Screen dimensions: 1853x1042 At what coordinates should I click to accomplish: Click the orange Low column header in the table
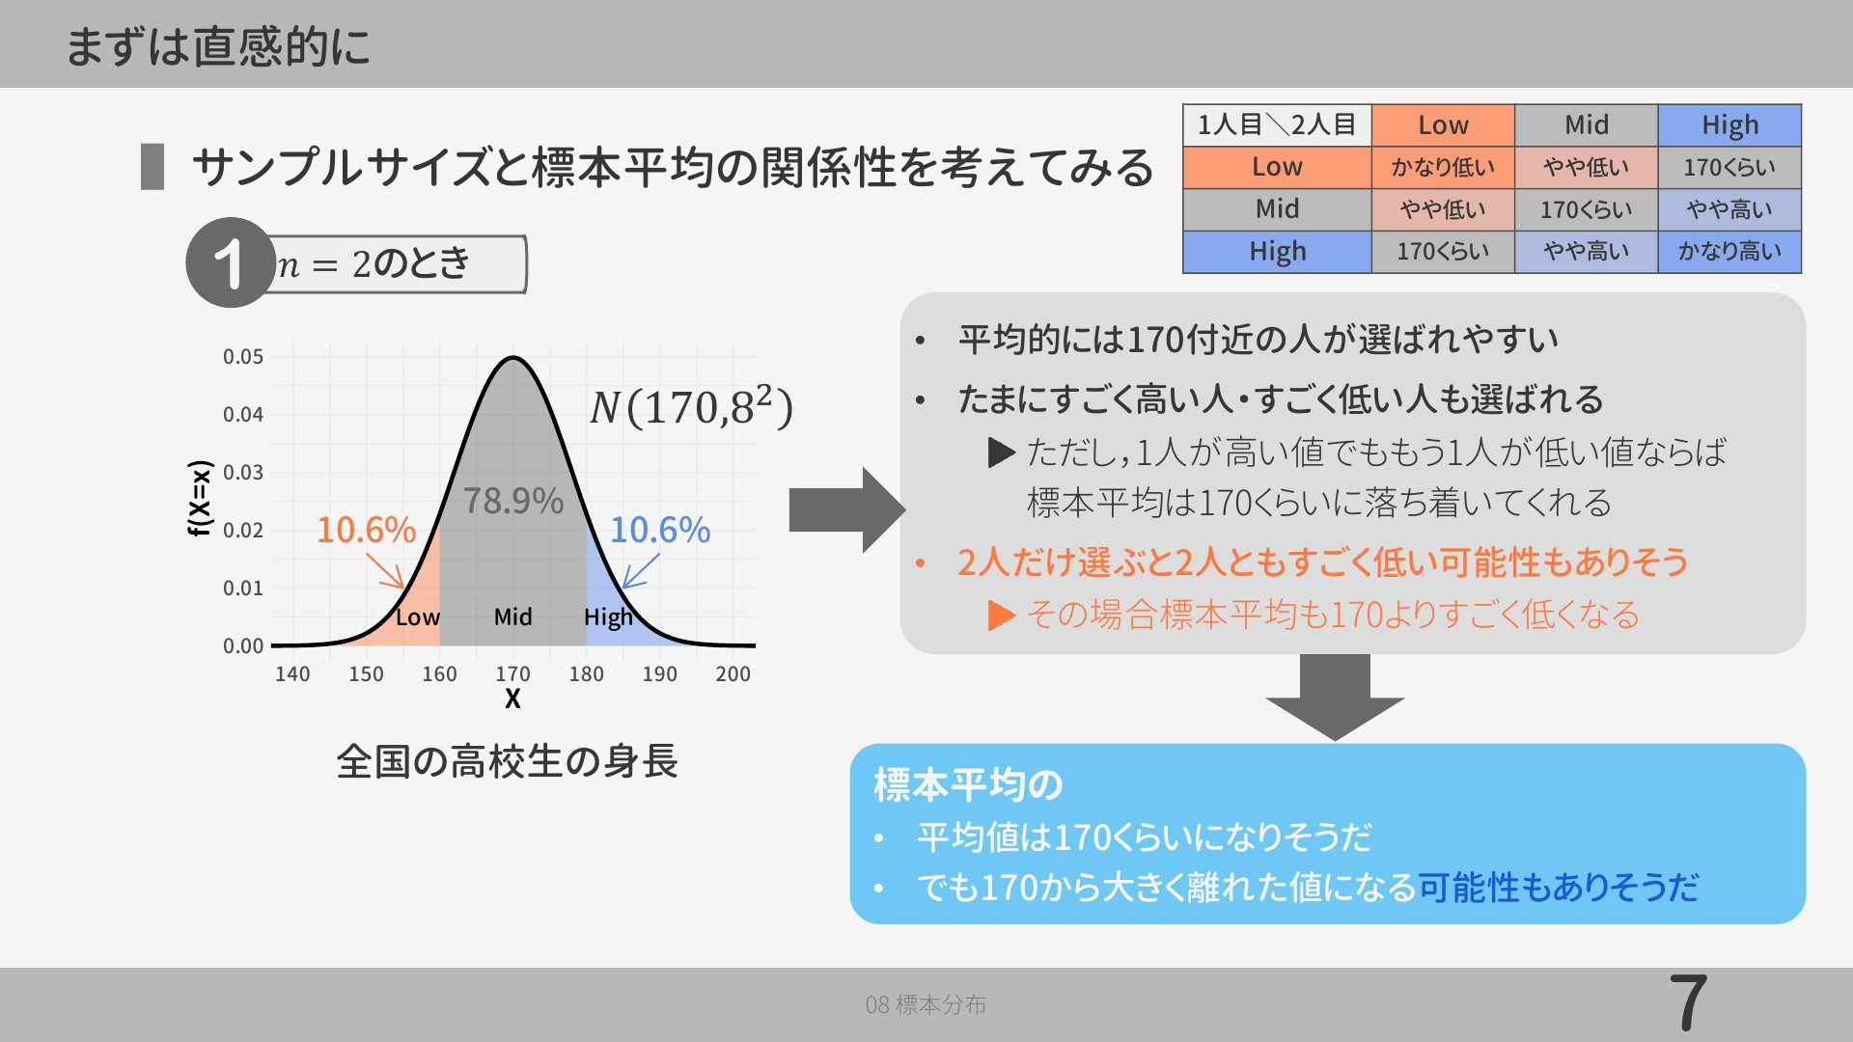click(x=1443, y=125)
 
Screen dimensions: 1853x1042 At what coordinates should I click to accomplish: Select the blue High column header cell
click(x=1729, y=125)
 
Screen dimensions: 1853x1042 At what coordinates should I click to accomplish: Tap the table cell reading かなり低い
click(x=1443, y=167)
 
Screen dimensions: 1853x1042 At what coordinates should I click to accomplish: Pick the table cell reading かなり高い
click(x=1729, y=252)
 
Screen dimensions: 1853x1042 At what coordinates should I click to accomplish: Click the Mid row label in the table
click(x=1277, y=209)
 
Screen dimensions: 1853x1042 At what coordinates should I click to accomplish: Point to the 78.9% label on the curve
click(x=512, y=501)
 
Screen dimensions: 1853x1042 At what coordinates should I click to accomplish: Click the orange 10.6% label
click(x=366, y=530)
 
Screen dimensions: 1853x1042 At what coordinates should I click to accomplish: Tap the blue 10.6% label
click(x=660, y=530)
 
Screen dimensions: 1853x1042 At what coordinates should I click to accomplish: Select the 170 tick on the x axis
click(x=512, y=674)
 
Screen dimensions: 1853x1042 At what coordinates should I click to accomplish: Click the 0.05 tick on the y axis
click(x=243, y=357)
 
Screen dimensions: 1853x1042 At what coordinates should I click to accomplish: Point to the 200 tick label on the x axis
click(x=733, y=674)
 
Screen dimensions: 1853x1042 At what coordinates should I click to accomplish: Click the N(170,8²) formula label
click(x=691, y=405)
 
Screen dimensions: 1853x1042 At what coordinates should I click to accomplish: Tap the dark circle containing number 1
click(x=231, y=262)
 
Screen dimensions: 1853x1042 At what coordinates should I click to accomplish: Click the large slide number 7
click(x=1688, y=1003)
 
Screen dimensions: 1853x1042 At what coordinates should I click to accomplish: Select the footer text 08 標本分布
click(x=926, y=1004)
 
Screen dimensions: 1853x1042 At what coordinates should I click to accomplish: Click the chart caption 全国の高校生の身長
click(x=507, y=761)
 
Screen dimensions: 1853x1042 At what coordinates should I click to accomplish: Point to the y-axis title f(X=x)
click(x=200, y=498)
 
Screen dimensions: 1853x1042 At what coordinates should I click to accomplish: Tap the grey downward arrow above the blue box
click(x=1335, y=698)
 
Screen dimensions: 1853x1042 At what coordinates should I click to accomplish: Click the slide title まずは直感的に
click(x=218, y=45)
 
